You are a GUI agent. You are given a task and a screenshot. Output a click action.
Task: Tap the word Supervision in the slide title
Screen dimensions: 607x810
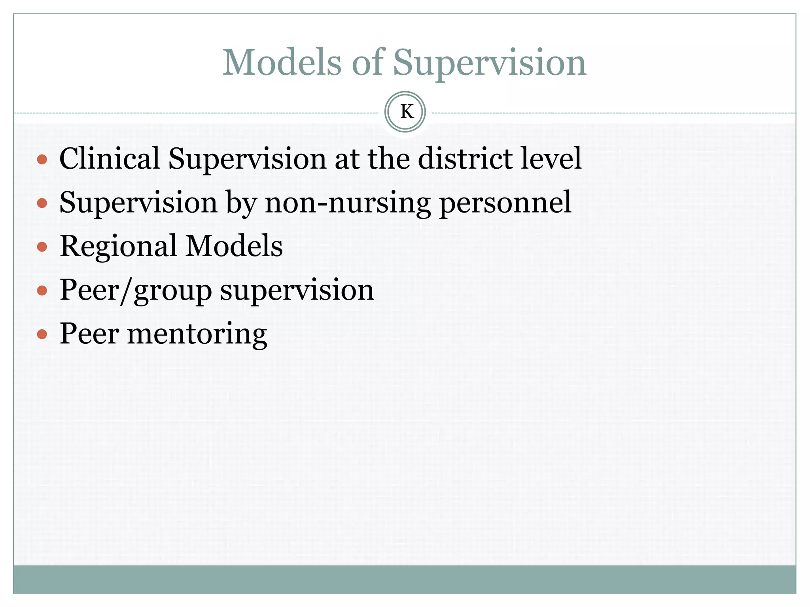pos(489,63)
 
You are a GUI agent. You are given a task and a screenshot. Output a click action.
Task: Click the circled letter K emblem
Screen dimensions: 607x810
pos(405,112)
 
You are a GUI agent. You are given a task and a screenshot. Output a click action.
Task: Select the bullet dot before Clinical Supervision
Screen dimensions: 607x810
pos(42,160)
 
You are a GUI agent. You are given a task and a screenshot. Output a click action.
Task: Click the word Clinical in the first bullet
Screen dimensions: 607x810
pos(110,158)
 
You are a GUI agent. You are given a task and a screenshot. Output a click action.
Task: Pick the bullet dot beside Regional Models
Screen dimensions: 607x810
pos(42,247)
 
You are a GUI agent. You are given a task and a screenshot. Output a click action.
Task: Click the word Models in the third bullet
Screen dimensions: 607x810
pos(234,246)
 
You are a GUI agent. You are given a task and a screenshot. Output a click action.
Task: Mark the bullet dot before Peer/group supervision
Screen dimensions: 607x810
pos(42,291)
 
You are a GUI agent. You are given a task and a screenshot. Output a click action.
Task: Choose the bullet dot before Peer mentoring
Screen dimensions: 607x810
pos(42,335)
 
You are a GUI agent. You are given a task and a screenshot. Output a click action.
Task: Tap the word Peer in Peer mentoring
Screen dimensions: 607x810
pos(89,334)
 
